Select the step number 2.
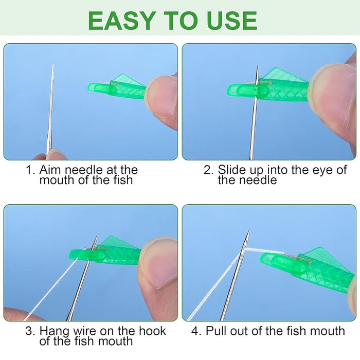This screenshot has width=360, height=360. (x=208, y=170)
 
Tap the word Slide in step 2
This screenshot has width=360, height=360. (x=231, y=170)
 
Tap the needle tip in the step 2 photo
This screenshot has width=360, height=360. (x=258, y=67)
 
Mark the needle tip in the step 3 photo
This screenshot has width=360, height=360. (x=96, y=237)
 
